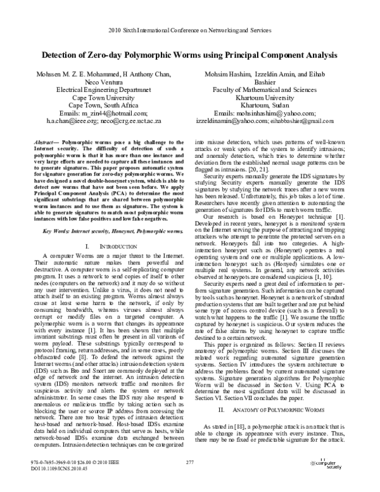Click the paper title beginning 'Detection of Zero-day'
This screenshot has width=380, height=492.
[x=190, y=55]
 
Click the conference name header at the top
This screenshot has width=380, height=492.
[x=190, y=30]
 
